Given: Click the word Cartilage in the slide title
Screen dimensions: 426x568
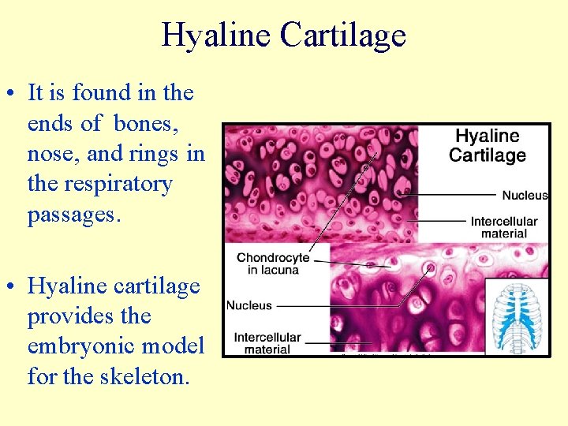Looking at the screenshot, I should click(x=342, y=35).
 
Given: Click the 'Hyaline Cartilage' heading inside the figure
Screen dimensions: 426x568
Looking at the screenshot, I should click(x=487, y=145).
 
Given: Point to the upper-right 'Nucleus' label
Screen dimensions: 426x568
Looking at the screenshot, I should click(x=525, y=195).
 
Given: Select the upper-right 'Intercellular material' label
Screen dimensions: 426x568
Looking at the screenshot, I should click(x=503, y=227).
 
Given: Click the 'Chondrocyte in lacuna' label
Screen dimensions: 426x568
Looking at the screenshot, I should click(x=272, y=263).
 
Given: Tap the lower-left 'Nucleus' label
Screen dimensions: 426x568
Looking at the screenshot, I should click(x=249, y=305).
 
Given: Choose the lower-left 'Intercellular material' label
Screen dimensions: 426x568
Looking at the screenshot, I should click(x=267, y=343).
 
